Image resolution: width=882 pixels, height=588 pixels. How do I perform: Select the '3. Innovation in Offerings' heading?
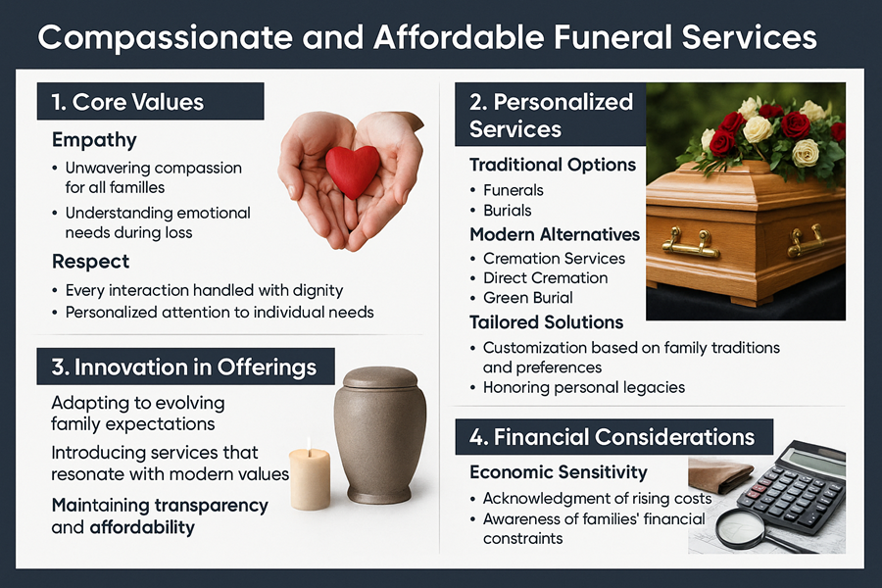click(x=184, y=367)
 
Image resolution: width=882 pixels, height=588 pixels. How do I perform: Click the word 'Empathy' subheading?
click(x=94, y=140)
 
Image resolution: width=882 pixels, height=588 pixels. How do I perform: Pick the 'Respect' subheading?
click(x=90, y=263)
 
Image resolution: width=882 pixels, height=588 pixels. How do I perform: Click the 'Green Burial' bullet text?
click(x=528, y=298)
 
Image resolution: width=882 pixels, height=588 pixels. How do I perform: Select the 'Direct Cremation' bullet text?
click(x=545, y=278)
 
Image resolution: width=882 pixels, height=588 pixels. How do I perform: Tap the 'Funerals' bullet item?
click(x=514, y=190)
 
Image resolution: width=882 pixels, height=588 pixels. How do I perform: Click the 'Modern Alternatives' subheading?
click(x=555, y=235)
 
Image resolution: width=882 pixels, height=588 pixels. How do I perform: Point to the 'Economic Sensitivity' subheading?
click(x=559, y=472)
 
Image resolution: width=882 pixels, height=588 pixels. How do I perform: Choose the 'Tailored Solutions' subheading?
click(x=546, y=322)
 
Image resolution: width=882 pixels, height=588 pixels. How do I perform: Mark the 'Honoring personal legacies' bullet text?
click(x=584, y=387)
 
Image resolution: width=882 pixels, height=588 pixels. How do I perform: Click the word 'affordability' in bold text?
click(x=143, y=527)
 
